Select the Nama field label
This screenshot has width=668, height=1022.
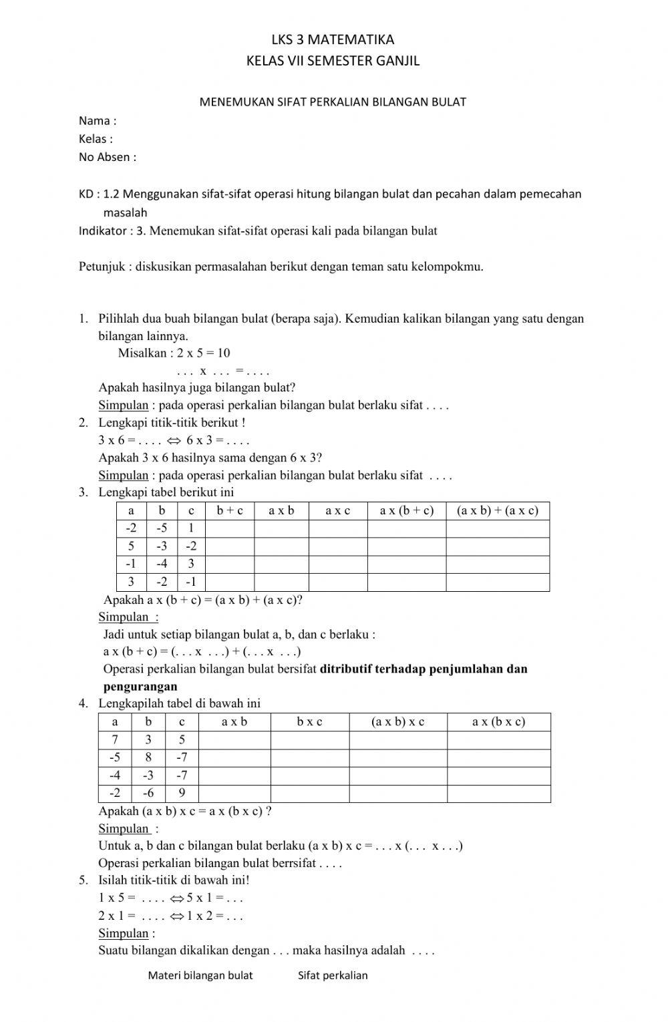(97, 121)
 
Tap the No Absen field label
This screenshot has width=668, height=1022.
(107, 158)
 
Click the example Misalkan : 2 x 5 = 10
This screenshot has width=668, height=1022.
(174, 353)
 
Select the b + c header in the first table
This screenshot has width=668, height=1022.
(230, 511)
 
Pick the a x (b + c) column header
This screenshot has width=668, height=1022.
(406, 511)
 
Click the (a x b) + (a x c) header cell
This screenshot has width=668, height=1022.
(497, 511)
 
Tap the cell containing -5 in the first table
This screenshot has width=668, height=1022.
(162, 529)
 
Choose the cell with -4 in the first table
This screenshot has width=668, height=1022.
(162, 564)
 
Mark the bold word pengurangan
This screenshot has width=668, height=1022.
(140, 687)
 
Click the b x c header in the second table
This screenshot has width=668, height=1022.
(309, 722)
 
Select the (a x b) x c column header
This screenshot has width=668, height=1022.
(397, 722)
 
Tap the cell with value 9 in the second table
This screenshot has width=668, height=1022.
(182, 794)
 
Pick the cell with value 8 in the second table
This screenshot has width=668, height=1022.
(148, 757)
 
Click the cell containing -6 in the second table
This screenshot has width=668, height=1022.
(148, 794)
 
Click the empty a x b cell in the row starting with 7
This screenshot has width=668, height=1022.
(234, 740)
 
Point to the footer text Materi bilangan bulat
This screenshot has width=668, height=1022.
(200, 975)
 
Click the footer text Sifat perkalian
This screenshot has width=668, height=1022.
(333, 975)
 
